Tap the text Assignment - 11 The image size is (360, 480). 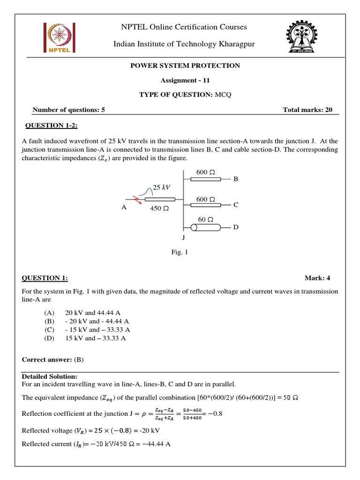pyautogui.click(x=184, y=80)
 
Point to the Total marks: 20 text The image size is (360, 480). pyautogui.click(x=307, y=110)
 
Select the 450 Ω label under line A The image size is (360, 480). pyautogui.click(x=159, y=209)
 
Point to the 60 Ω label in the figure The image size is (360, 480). pyautogui.click(x=205, y=219)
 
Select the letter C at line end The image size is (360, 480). pyautogui.click(x=236, y=205)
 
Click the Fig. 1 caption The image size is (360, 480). pyautogui.click(x=180, y=253)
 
